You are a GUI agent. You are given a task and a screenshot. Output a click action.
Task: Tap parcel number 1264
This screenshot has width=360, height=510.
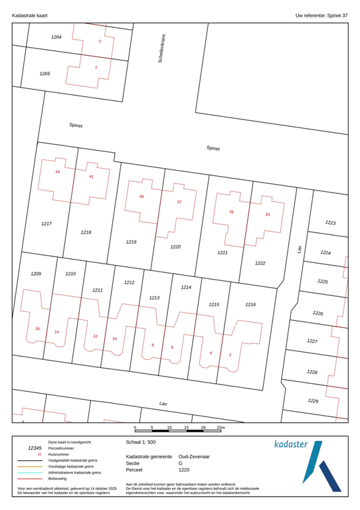pyautogui.click(x=56, y=37)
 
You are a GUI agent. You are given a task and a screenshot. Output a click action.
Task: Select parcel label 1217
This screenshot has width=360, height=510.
pyautogui.click(x=46, y=224)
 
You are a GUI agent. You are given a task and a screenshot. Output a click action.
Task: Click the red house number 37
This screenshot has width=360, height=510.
pyautogui.click(x=179, y=201)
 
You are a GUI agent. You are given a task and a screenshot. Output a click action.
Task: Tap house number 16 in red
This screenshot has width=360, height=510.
pyautogui.click(x=37, y=329)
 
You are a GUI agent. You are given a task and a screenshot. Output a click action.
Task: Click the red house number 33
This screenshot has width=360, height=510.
pyautogui.click(x=268, y=214)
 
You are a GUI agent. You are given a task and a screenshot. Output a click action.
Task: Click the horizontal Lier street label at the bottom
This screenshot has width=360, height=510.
pyautogui.click(x=163, y=403)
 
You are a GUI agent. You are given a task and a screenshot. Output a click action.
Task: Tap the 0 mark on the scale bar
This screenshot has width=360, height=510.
pyautogui.click(x=135, y=428)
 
